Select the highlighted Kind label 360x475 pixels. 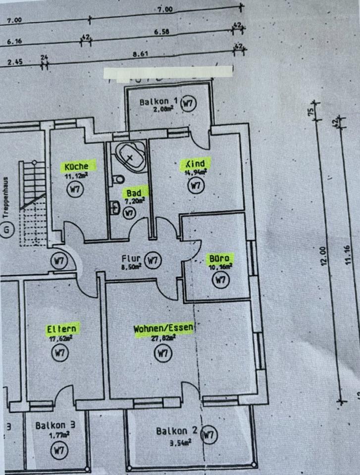point(195,164)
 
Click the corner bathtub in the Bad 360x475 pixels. point(130,156)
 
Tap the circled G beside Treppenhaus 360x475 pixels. point(7,230)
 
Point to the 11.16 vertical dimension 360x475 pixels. point(348,255)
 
